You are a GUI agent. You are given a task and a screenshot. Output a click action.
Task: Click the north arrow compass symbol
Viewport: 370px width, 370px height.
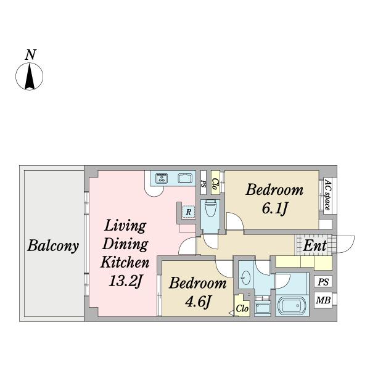29,76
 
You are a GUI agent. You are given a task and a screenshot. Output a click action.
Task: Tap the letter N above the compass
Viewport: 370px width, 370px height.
30,54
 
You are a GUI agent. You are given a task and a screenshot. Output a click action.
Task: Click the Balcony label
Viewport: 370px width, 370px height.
53,246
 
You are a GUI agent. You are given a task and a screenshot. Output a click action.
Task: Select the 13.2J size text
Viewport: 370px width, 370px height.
126,281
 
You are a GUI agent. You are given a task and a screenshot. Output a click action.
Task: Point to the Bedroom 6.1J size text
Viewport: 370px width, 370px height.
274,208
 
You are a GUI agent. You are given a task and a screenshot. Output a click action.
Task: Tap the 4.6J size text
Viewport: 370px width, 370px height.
198,302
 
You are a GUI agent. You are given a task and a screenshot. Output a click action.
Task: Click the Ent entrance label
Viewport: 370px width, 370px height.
314,245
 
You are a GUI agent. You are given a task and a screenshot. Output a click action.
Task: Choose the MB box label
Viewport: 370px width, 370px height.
323,300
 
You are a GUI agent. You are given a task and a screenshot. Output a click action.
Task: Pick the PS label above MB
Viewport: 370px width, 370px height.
323,282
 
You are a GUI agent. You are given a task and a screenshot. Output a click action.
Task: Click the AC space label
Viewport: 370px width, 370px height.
327,195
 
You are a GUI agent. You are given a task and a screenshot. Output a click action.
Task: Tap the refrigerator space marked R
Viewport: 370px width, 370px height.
189,212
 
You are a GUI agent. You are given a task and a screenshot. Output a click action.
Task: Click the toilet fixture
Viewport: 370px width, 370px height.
210,208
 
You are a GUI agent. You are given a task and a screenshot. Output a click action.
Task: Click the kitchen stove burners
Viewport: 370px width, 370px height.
162,178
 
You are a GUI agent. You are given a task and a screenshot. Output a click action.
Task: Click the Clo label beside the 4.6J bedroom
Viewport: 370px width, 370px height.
242,308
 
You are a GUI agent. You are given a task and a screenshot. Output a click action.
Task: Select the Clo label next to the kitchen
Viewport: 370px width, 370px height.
215,184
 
